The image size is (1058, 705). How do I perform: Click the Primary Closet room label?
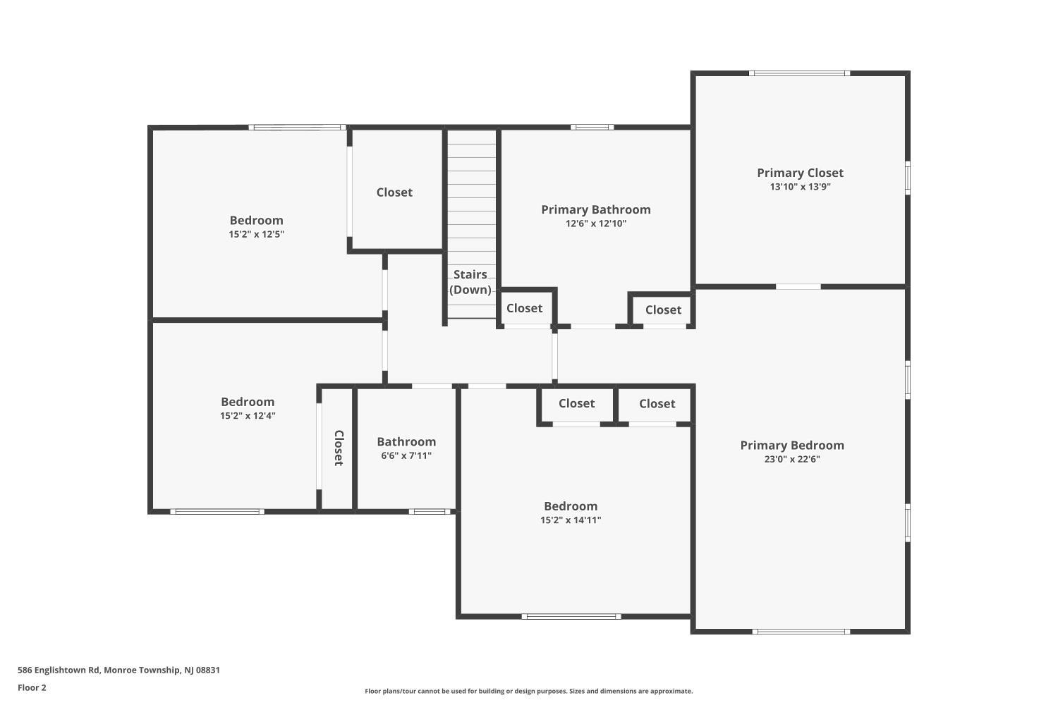pos(800,173)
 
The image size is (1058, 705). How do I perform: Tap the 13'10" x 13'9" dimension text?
pos(800,187)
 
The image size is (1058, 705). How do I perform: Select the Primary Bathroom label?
pos(595,209)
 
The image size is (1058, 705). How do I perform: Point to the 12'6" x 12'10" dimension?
pos(595,223)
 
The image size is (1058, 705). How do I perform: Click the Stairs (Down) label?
pos(470,282)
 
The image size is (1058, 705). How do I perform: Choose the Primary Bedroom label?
pos(792,446)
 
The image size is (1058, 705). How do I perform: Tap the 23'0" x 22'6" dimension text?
pos(792,459)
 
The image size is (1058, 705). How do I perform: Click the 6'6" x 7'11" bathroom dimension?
pos(406,455)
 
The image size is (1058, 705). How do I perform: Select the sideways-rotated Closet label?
pos(339,448)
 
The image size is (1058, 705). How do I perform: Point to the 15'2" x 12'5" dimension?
pos(257,234)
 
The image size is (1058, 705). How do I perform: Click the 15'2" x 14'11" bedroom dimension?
pos(571,520)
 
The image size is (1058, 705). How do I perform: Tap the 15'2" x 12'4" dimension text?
pos(248,416)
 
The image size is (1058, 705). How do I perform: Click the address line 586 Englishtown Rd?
pos(118,670)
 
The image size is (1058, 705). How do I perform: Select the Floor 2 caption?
pos(32,687)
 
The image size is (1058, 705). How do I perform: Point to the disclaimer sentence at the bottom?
pos(528,691)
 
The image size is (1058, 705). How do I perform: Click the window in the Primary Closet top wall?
pos(799,73)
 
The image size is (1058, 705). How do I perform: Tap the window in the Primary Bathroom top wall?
pos(592,127)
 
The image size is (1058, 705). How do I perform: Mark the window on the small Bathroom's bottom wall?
pos(430,511)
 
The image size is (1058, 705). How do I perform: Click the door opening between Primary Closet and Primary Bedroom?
pos(798,287)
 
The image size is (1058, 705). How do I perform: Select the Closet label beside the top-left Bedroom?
pos(394,192)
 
